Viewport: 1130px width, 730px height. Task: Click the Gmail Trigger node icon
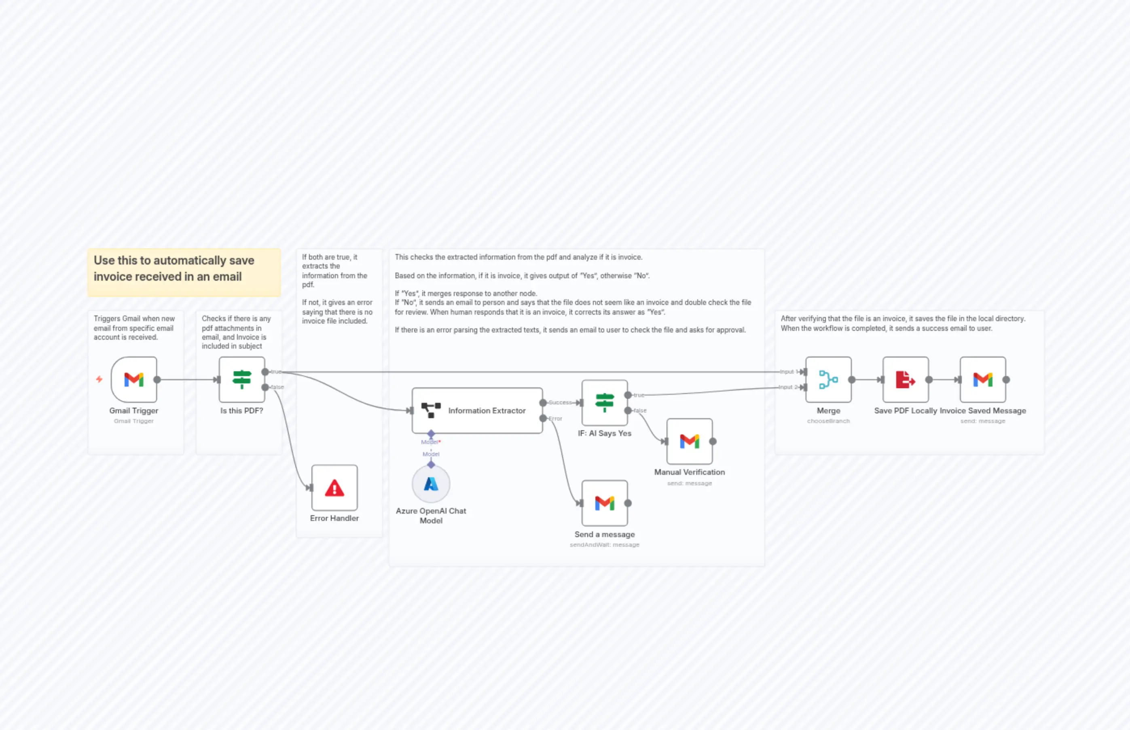tap(133, 379)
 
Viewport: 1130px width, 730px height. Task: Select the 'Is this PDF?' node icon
tap(242, 379)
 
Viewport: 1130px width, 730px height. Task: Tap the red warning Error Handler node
tap(334, 487)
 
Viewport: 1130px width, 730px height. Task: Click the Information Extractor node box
tap(477, 410)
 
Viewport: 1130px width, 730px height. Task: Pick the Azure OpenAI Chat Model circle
tap(431, 484)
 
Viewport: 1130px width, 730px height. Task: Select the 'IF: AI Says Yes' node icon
tap(604, 402)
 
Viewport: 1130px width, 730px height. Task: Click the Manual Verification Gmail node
tap(689, 441)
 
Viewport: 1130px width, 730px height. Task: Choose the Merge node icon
tap(828, 379)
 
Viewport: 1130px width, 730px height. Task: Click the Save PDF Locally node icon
tap(905, 379)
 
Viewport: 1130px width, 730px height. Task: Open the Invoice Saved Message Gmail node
tap(983, 379)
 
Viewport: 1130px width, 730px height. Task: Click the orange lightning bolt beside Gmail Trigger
tap(99, 379)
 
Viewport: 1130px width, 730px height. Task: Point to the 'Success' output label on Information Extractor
tap(560, 402)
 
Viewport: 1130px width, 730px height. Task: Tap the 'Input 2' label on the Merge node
tap(788, 387)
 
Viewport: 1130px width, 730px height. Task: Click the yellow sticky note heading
tap(174, 268)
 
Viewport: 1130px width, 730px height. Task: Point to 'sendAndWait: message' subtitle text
tap(604, 545)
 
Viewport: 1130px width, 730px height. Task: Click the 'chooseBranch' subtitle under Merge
tap(828, 421)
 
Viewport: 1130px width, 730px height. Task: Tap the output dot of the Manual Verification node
tap(712, 441)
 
